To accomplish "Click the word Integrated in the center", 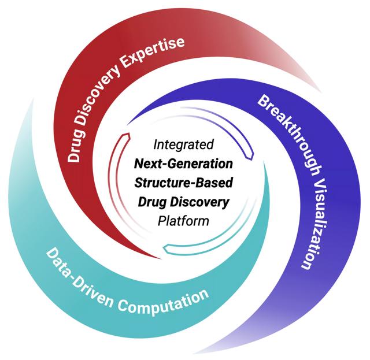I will click(184, 143).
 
